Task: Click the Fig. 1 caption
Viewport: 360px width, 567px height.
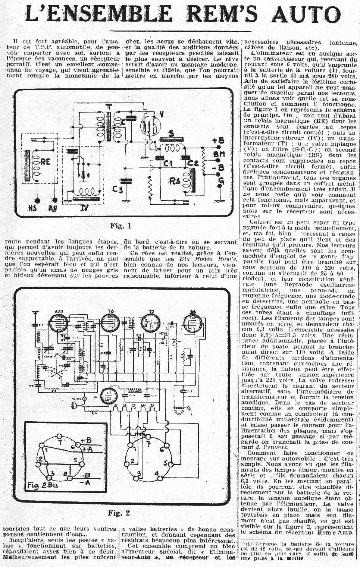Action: click(x=121, y=226)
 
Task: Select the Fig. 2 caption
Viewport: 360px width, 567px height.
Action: click(x=119, y=513)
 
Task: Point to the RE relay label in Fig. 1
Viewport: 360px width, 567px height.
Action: click(x=45, y=162)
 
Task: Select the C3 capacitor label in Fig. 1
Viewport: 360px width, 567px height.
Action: click(x=118, y=189)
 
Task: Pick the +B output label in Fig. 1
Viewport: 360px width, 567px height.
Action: click(x=218, y=141)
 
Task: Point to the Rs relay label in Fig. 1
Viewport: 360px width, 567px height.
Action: click(x=175, y=182)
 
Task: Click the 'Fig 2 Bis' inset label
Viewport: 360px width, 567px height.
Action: click(x=43, y=485)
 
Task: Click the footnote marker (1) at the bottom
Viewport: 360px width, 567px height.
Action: click(x=248, y=544)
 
